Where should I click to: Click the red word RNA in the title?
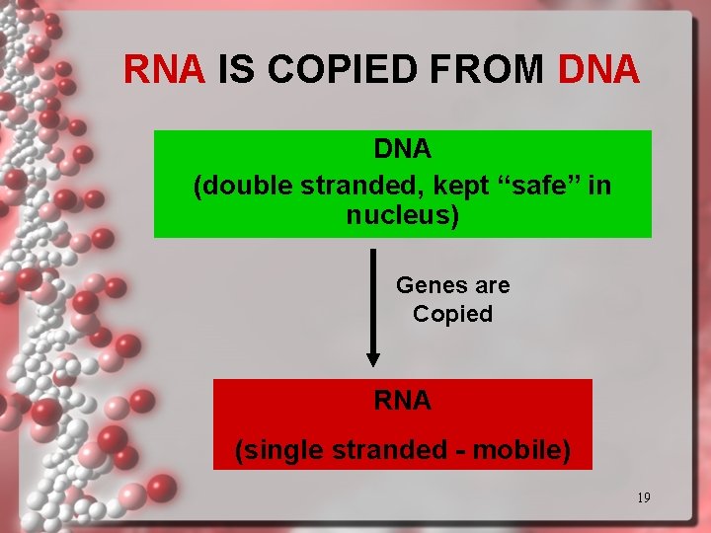(x=164, y=69)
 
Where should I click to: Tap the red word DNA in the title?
(x=599, y=69)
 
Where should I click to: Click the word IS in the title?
(x=235, y=69)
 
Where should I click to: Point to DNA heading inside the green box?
(x=403, y=149)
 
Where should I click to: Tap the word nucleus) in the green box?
(x=403, y=214)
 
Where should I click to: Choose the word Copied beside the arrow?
(x=452, y=314)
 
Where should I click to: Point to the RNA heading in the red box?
(x=403, y=400)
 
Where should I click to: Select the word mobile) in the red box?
(x=522, y=450)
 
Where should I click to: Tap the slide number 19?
(x=643, y=497)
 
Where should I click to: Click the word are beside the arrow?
(x=493, y=285)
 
